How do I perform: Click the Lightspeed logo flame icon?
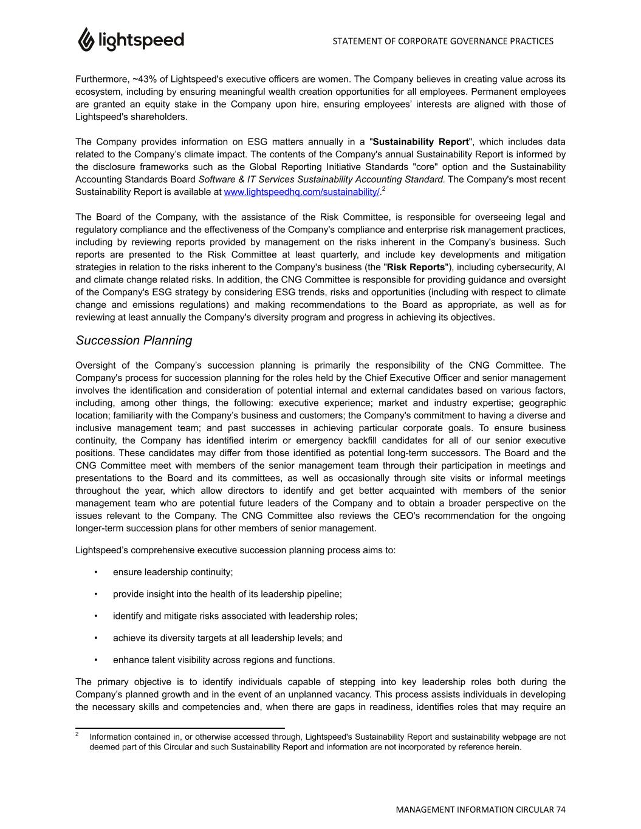click(x=86, y=39)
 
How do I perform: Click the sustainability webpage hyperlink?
click(x=302, y=193)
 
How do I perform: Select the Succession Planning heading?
click(x=134, y=341)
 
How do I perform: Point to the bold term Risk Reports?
click(x=416, y=267)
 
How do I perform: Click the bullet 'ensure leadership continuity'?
click(x=173, y=572)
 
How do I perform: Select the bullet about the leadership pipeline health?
click(x=227, y=594)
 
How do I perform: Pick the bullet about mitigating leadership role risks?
click(x=235, y=616)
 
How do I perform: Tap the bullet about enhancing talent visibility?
click(x=224, y=660)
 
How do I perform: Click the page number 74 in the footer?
click(x=560, y=810)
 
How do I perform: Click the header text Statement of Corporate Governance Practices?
click(x=443, y=41)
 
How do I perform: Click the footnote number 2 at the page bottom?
click(x=78, y=734)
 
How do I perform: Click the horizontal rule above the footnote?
click(x=180, y=728)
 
